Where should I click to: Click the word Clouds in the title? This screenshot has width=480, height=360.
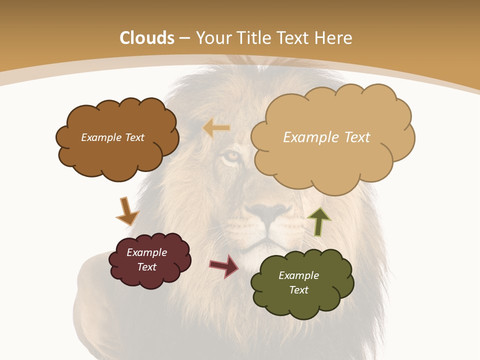pyautogui.click(x=147, y=38)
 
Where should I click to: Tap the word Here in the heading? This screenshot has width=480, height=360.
pyautogui.click(x=335, y=38)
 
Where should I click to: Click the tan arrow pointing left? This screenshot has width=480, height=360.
pyautogui.click(x=216, y=128)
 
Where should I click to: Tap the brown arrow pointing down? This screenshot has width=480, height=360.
pyautogui.click(x=127, y=211)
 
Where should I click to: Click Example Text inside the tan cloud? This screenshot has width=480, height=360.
pyautogui.click(x=326, y=137)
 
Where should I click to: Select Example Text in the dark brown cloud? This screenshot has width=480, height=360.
pyautogui.click(x=112, y=137)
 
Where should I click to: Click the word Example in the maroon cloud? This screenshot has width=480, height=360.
pyautogui.click(x=146, y=252)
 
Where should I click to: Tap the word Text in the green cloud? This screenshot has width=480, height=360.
pyautogui.click(x=298, y=290)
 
